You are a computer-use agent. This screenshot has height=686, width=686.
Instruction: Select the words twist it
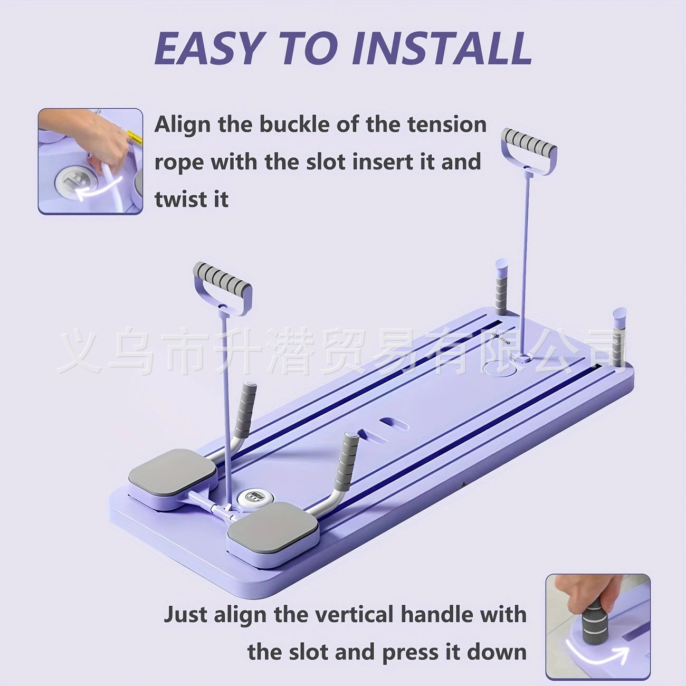(192, 200)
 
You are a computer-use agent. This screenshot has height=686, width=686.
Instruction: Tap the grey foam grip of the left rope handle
(222, 275)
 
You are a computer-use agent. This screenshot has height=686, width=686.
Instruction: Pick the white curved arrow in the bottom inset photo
(596, 652)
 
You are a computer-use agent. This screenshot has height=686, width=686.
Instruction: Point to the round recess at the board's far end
(499, 368)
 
